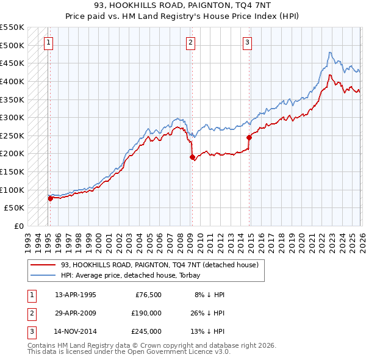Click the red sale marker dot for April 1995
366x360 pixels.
[x=50, y=198]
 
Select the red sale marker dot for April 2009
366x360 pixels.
[x=192, y=157]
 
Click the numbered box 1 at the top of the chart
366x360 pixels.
[x=48, y=42]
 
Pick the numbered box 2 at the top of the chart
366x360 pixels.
[x=191, y=42]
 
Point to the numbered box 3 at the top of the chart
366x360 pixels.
[x=247, y=42]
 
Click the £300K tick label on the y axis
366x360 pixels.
[x=12, y=117]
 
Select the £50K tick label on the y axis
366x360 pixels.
[x=15, y=208]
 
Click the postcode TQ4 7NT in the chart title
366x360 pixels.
[x=253, y=5]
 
